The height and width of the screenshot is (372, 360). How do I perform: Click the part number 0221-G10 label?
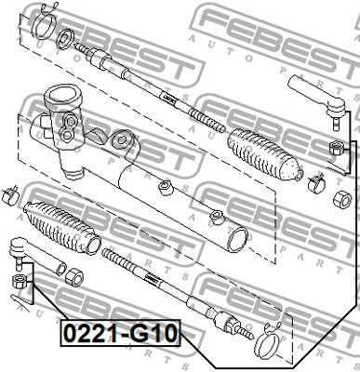coord(120,334)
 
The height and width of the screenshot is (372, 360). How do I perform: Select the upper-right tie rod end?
coord(318,100)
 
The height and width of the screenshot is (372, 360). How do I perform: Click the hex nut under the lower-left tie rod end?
coord(19,282)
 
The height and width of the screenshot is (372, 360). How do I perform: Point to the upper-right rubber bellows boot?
coord(264,153)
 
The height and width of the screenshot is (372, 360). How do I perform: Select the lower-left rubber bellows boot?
coord(61,228)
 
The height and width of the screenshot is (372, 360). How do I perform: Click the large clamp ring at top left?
coord(44,26)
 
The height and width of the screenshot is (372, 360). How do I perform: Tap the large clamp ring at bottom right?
coord(267,345)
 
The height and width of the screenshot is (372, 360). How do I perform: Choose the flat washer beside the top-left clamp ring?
coord(65,39)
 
